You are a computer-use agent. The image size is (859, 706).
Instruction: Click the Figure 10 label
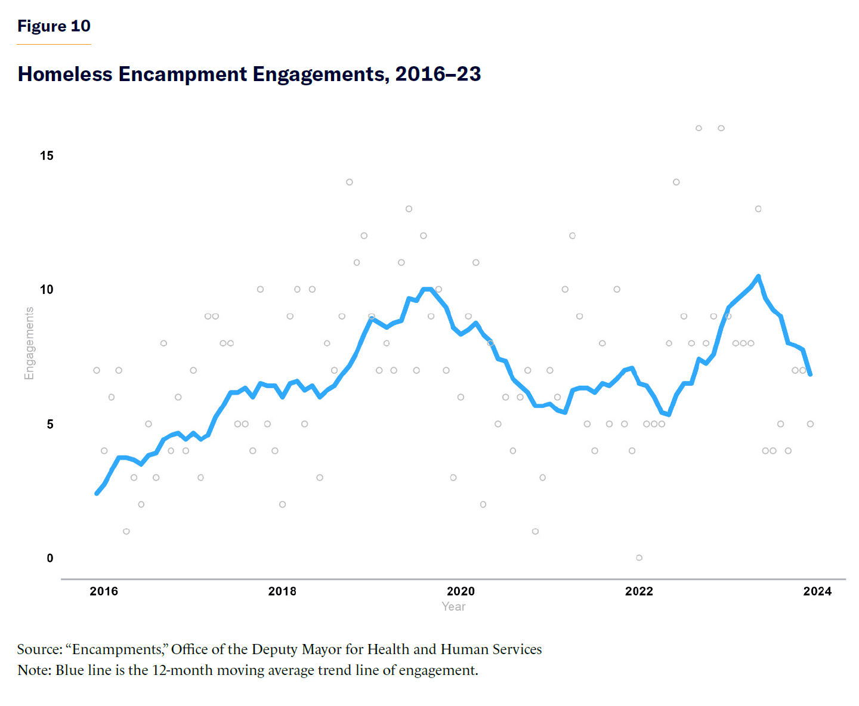coord(54,26)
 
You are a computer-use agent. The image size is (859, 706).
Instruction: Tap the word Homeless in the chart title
coord(65,74)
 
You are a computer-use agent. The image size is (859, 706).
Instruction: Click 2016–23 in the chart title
coord(438,74)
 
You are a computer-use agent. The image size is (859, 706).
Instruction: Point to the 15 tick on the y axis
coord(47,156)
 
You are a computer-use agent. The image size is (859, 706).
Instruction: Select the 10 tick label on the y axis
coord(47,290)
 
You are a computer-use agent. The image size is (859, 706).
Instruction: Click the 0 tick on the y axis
coord(50,558)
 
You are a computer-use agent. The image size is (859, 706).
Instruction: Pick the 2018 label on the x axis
coord(282,592)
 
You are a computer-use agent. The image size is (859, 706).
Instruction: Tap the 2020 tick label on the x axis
coord(461,592)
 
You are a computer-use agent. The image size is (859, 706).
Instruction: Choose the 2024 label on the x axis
coord(817,592)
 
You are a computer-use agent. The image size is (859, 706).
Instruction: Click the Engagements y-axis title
coord(29,343)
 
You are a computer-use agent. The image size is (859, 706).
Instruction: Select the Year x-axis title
coord(453,606)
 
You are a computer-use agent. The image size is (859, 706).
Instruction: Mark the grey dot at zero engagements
coord(639,558)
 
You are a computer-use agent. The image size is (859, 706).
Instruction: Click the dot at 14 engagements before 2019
coord(350,182)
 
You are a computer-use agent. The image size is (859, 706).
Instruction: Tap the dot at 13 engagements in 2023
coord(758,209)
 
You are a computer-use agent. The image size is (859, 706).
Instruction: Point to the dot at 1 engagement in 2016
coord(126,531)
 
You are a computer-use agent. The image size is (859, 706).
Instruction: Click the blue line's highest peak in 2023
coord(758,277)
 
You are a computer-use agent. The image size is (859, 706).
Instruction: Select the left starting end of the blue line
coord(97,493)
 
